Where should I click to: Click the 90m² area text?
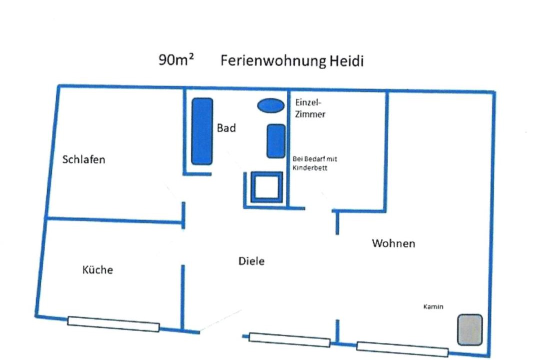point(175,59)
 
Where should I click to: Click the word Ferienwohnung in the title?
point(273,61)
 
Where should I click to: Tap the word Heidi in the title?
point(346,60)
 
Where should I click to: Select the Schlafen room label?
point(83,159)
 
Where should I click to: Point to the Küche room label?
point(97,269)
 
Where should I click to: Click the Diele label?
point(251,261)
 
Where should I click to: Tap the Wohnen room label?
point(393,243)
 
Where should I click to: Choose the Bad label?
point(226,128)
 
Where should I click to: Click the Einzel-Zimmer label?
point(310,108)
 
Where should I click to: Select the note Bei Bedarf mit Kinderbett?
point(315,163)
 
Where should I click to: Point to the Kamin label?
point(433,306)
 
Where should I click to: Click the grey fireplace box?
point(469,329)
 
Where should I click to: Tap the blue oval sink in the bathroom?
point(271,105)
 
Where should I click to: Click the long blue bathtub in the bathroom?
point(202,131)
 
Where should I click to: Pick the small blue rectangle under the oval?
point(276,141)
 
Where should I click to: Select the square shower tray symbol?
point(266,187)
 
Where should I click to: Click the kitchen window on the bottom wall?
point(113,324)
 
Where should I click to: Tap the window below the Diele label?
point(289,339)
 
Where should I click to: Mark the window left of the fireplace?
point(402,349)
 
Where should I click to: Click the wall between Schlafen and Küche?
point(114,220)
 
